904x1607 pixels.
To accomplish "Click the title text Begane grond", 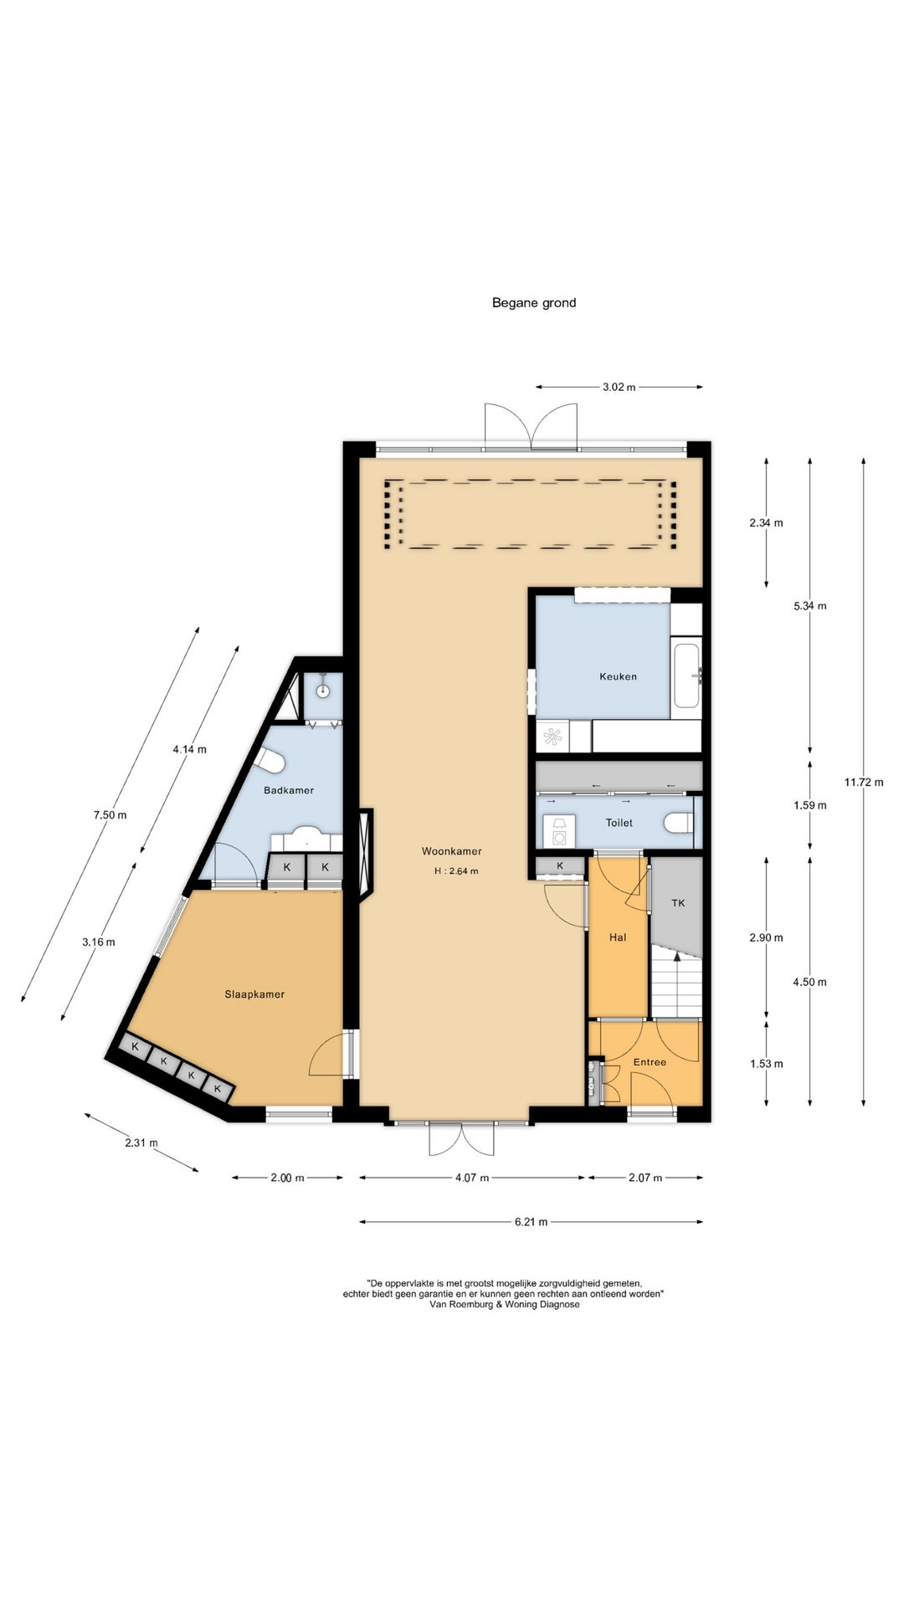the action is point(534,303).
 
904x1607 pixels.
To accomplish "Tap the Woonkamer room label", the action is point(451,851).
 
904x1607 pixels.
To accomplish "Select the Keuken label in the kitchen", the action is point(618,676).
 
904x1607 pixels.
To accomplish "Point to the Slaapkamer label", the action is point(254,994).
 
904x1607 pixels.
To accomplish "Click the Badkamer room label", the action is point(289,790).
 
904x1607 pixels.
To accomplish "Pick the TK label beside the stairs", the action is point(679,902).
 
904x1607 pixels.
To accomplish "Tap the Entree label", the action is point(650,1062).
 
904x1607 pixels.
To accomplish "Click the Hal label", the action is point(618,937).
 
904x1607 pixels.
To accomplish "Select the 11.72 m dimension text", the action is point(864,783).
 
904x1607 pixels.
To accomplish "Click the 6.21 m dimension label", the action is point(531,1222).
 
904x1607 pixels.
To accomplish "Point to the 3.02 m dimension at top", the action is point(619,387).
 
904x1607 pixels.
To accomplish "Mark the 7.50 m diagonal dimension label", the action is point(110,814).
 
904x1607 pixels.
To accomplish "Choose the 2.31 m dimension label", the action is point(141,1142).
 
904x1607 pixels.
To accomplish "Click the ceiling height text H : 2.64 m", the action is point(456,871).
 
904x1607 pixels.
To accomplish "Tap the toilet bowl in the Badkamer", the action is point(270,762).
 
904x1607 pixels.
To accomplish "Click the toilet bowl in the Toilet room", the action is point(679,823).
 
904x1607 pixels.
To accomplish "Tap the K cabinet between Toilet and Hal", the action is point(560,865).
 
